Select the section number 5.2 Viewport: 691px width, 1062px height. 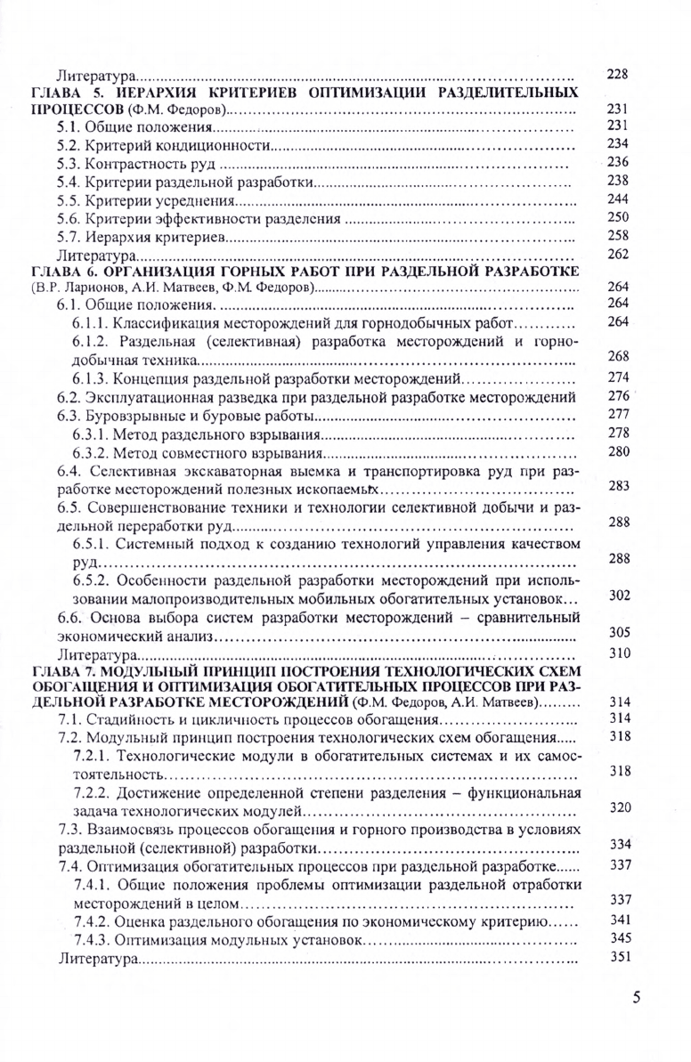pyautogui.click(x=69, y=144)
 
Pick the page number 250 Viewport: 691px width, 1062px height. pyautogui.click(x=617, y=217)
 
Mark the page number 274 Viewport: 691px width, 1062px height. pyautogui.click(x=617, y=377)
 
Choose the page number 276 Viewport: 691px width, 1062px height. pyautogui.click(x=617, y=395)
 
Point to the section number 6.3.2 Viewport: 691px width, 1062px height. pyautogui.click(x=87, y=451)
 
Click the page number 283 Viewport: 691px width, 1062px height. pyautogui.click(x=617, y=487)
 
